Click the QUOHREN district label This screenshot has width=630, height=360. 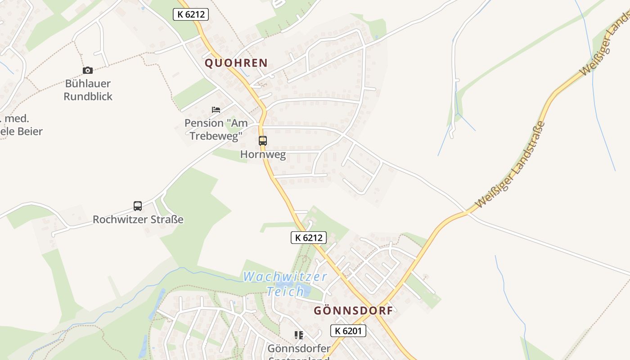[236, 63]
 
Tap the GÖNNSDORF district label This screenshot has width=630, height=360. [353, 310]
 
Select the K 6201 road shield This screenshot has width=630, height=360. [348, 331]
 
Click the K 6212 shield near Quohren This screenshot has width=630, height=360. [191, 14]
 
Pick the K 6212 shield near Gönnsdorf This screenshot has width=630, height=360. [309, 238]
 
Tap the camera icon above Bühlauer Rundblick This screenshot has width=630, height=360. [88, 70]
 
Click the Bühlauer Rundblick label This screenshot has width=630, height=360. [88, 90]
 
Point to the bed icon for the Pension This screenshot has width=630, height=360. [216, 110]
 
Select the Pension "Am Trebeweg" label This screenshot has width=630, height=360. [216, 129]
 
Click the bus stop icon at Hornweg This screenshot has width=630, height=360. [263, 141]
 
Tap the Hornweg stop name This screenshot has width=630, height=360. [263, 155]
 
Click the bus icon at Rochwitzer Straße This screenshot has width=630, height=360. [138, 206]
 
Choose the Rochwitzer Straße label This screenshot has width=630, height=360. [138, 220]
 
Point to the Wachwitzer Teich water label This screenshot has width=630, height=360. [285, 283]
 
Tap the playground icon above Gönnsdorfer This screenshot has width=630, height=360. [298, 335]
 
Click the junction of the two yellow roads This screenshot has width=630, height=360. [378, 306]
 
